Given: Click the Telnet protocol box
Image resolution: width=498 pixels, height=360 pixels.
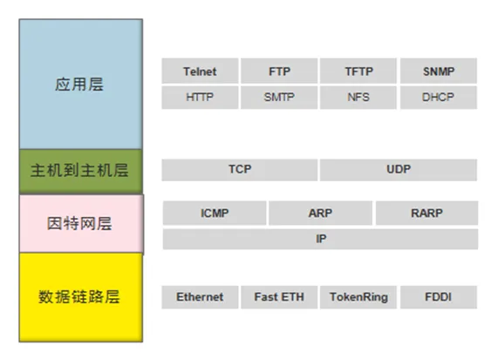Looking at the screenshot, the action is point(200,71).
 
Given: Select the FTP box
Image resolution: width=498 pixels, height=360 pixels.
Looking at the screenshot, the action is point(279,71).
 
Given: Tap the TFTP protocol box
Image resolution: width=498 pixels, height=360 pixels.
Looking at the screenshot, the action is point(358,71).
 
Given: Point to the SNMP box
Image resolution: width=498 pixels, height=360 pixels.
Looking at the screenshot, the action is point(439,71).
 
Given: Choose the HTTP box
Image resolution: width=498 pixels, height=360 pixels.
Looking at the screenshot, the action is point(200,97).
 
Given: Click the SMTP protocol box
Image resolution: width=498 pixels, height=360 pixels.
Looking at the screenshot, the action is point(279,97).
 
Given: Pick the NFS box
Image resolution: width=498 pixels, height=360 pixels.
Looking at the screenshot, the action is point(358,97).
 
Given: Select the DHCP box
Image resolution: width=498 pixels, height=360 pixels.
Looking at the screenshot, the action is point(439,97).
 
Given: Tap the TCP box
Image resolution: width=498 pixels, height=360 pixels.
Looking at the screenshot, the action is point(240,170).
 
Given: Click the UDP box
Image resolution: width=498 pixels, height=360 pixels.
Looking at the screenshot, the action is point(399,170).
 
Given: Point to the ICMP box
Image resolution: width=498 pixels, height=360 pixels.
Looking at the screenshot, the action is point(215,213).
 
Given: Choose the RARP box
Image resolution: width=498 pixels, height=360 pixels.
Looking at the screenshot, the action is point(426,213).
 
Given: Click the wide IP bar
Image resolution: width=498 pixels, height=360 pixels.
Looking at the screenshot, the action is point(320,239).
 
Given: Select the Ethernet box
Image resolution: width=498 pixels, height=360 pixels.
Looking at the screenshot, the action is point(200,297).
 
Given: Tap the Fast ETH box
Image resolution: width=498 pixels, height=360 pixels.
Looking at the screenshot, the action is point(279,297).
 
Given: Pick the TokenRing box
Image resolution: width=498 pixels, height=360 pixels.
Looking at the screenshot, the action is point(358,297).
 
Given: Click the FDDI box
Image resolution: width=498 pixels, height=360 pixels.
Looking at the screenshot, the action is point(439,297).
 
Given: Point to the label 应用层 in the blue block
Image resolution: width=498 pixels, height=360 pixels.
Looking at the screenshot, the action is point(79,85).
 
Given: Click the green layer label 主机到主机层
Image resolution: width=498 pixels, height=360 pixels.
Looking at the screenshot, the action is point(79,171).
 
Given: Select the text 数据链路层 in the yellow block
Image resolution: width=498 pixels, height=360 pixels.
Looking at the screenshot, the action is point(79,297).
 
